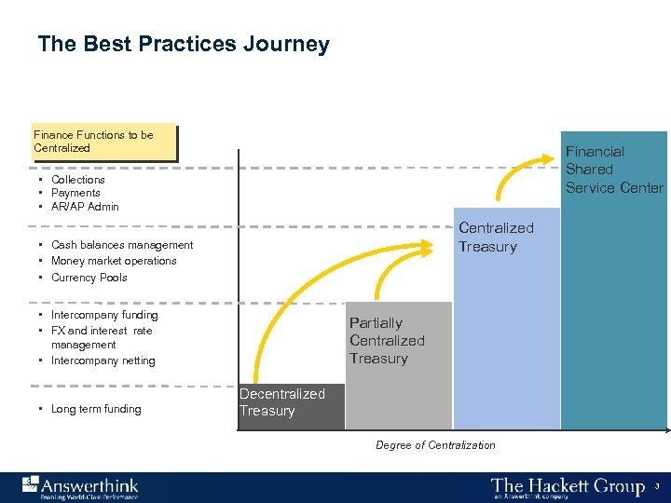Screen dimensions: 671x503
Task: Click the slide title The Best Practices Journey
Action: click(184, 45)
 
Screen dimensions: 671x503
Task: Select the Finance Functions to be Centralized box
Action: click(104, 143)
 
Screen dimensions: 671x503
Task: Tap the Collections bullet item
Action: click(78, 180)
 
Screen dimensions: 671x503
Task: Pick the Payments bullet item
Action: click(75, 193)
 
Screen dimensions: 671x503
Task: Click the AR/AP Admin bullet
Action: click(85, 207)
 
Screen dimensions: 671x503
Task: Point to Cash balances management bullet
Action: click(122, 245)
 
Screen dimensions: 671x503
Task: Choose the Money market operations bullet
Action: click(114, 261)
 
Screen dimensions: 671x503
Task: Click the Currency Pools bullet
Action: click(89, 278)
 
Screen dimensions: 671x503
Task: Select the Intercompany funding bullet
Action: click(104, 315)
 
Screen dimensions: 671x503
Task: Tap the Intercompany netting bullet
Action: click(103, 360)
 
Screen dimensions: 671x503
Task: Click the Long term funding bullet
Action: click(96, 409)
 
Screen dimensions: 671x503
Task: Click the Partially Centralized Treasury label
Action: click(387, 341)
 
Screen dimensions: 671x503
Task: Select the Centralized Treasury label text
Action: click(496, 238)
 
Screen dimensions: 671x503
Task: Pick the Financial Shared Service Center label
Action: click(614, 170)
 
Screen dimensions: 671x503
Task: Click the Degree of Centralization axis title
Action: click(435, 445)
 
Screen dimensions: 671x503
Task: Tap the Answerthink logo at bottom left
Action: click(80, 487)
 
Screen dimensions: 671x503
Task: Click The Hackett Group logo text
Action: click(568, 487)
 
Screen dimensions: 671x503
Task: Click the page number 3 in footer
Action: click(656, 486)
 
